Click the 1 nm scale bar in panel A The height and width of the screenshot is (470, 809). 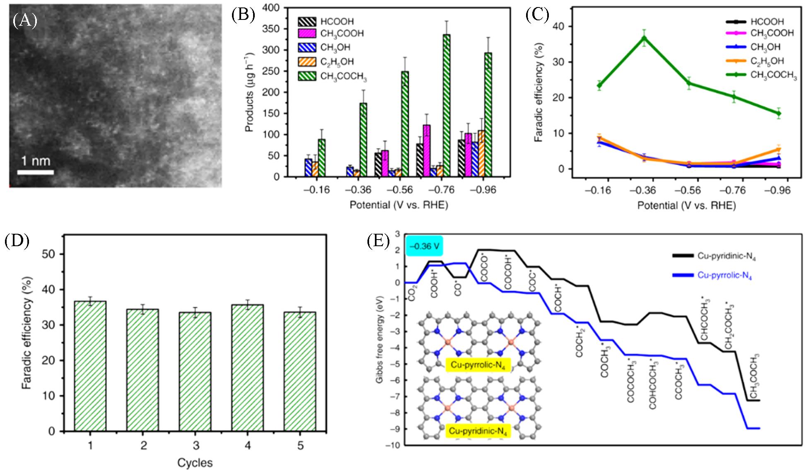click(x=35, y=172)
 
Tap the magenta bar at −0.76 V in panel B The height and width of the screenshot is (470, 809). click(x=427, y=151)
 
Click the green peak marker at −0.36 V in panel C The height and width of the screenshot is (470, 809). click(x=644, y=38)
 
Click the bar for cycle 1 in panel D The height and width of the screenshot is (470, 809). click(x=90, y=366)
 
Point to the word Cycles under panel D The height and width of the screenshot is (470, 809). click(x=195, y=463)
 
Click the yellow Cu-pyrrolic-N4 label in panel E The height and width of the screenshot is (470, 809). click(x=478, y=365)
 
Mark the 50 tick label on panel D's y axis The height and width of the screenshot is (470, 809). click(x=49, y=254)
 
